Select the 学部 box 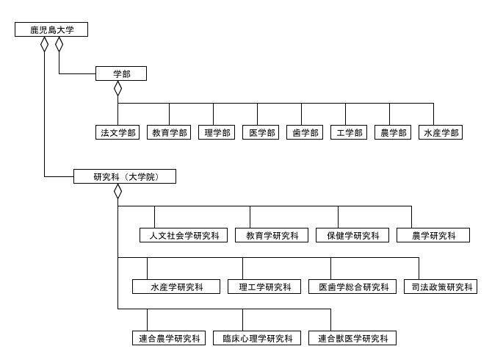coord(121,73)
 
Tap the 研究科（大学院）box coord(125,176)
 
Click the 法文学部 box coord(117,132)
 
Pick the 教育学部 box coord(169,132)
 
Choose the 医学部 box coord(261,132)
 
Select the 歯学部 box coord(305,132)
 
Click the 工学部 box coord(349,132)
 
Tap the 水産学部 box coord(441,132)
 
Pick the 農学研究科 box coord(432,235)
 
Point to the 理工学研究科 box coord(261,287)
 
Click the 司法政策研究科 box coord(439,287)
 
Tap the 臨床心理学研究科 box coord(261,338)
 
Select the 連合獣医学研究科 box coord(352,338)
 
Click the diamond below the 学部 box coord(117,88)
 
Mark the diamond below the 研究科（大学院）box coord(117,191)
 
